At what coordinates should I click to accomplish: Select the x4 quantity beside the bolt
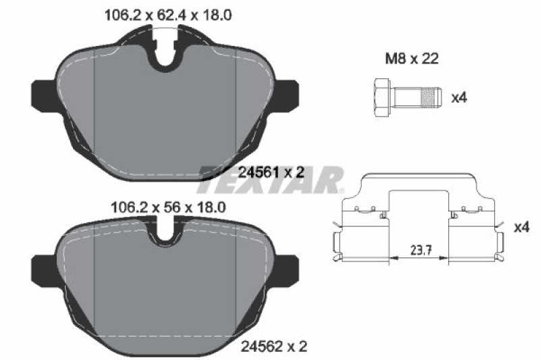click(x=459, y=98)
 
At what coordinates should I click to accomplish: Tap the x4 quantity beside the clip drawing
click(x=520, y=228)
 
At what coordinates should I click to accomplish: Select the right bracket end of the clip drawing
click(x=498, y=247)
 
